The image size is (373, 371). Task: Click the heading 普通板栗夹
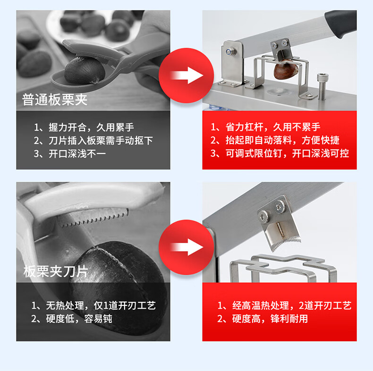55,100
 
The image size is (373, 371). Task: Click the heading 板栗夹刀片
56,271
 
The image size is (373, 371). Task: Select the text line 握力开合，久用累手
84,127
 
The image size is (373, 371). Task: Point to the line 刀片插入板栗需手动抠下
93,141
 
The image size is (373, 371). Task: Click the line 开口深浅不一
70,154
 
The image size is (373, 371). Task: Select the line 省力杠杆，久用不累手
265,127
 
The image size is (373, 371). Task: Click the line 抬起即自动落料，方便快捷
275,140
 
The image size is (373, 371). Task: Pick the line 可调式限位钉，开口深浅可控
280,153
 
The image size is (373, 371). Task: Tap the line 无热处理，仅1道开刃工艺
93,305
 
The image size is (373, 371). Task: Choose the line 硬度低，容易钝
72,319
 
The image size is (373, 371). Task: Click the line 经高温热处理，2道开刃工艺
285,305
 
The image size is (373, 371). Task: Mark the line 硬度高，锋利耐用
263,319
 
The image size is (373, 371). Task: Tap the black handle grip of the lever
341,23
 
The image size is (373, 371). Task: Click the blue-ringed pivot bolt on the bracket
230,51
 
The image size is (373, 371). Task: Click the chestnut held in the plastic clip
85,71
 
